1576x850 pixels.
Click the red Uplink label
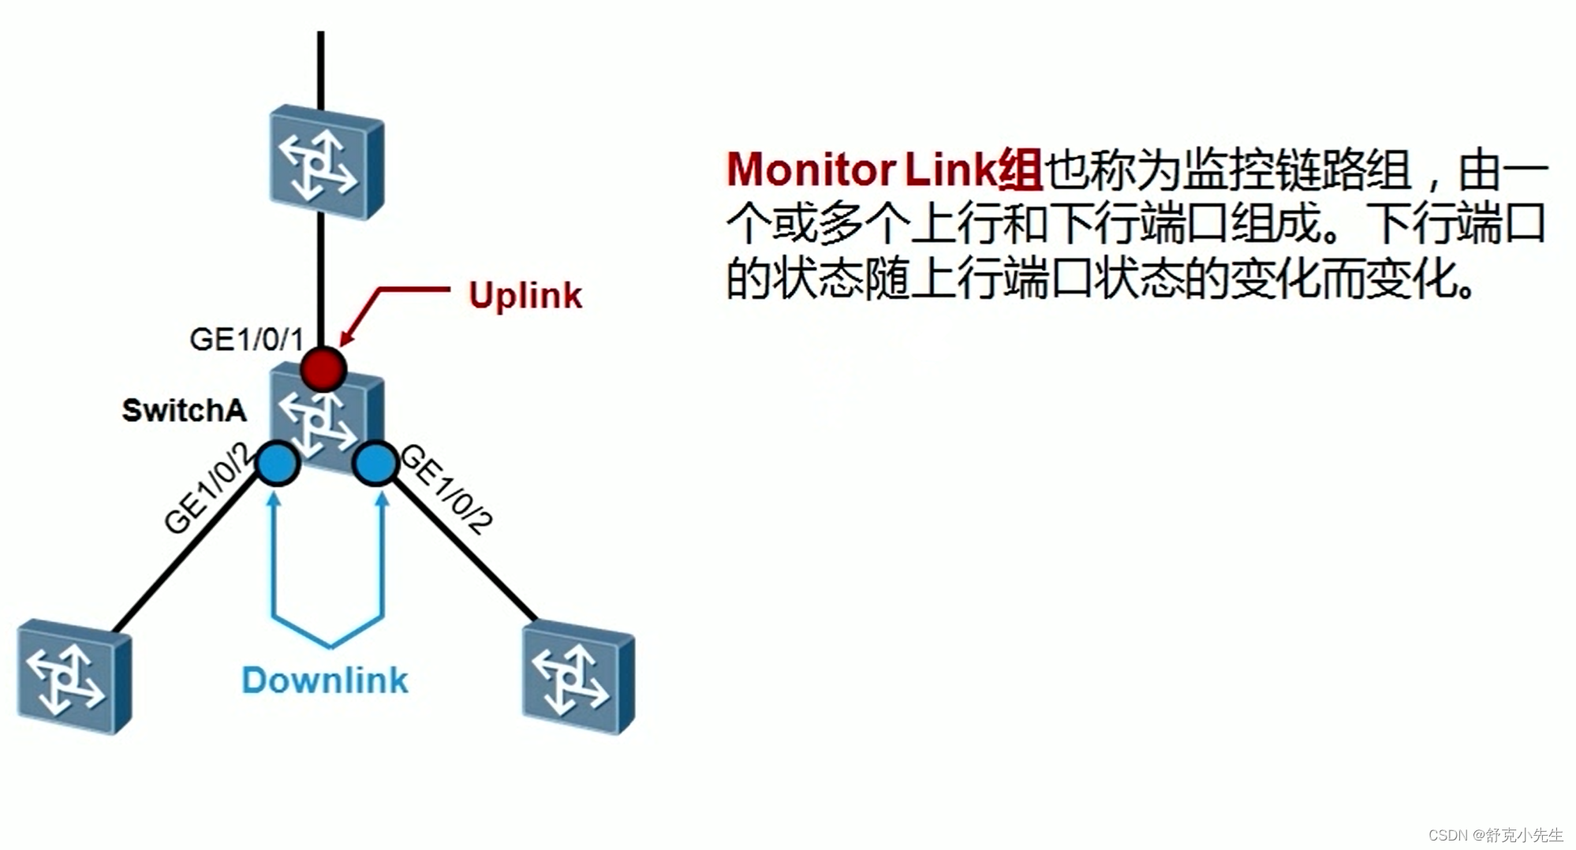coord(525,296)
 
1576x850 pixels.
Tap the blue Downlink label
coord(324,680)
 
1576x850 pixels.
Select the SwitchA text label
coord(184,411)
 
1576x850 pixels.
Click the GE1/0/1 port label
coord(246,340)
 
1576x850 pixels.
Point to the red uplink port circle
coord(323,368)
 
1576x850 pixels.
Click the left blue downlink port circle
coord(277,464)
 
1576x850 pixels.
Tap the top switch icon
coord(326,165)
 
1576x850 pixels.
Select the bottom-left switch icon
coord(73,677)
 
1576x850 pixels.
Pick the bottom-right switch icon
coord(578,677)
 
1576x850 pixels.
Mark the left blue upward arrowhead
coord(274,499)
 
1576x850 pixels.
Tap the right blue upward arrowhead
coord(383,499)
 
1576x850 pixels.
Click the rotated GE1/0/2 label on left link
coord(207,490)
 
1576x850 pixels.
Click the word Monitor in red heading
coord(810,170)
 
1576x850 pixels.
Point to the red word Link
coord(950,170)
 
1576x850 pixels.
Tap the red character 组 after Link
coord(1020,170)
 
